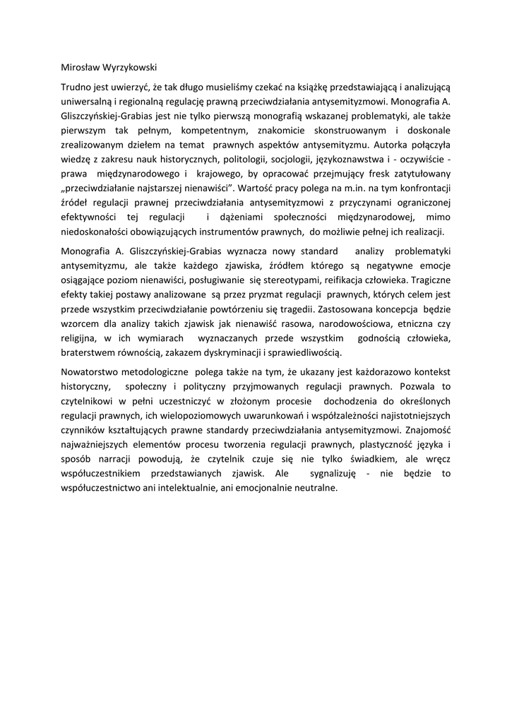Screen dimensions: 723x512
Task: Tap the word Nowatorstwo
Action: tap(93, 371)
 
